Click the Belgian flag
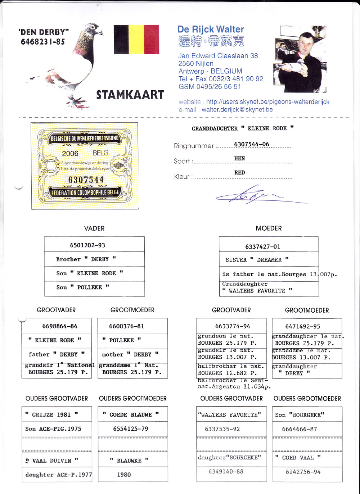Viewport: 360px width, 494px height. pos(136,39)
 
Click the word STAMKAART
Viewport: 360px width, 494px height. pos(130,95)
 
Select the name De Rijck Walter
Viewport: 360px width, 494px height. pos(211,30)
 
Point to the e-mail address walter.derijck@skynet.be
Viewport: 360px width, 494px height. pos(237,110)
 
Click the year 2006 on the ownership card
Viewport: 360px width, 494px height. pos(70,154)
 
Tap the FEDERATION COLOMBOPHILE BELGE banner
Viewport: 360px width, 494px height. pos(85,193)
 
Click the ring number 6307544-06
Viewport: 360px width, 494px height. pos(251,144)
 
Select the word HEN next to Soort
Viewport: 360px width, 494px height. pos(239,158)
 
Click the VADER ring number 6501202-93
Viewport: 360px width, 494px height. pos(87,245)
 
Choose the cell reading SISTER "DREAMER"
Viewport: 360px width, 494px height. pos(257,260)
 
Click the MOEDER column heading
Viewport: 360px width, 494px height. pos(269,228)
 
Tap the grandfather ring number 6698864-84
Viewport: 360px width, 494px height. pos(59,326)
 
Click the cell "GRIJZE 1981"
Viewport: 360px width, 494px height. pos(51,415)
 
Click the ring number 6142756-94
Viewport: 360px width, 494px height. pos(303,472)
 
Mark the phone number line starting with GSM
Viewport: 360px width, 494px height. pos(210,87)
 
